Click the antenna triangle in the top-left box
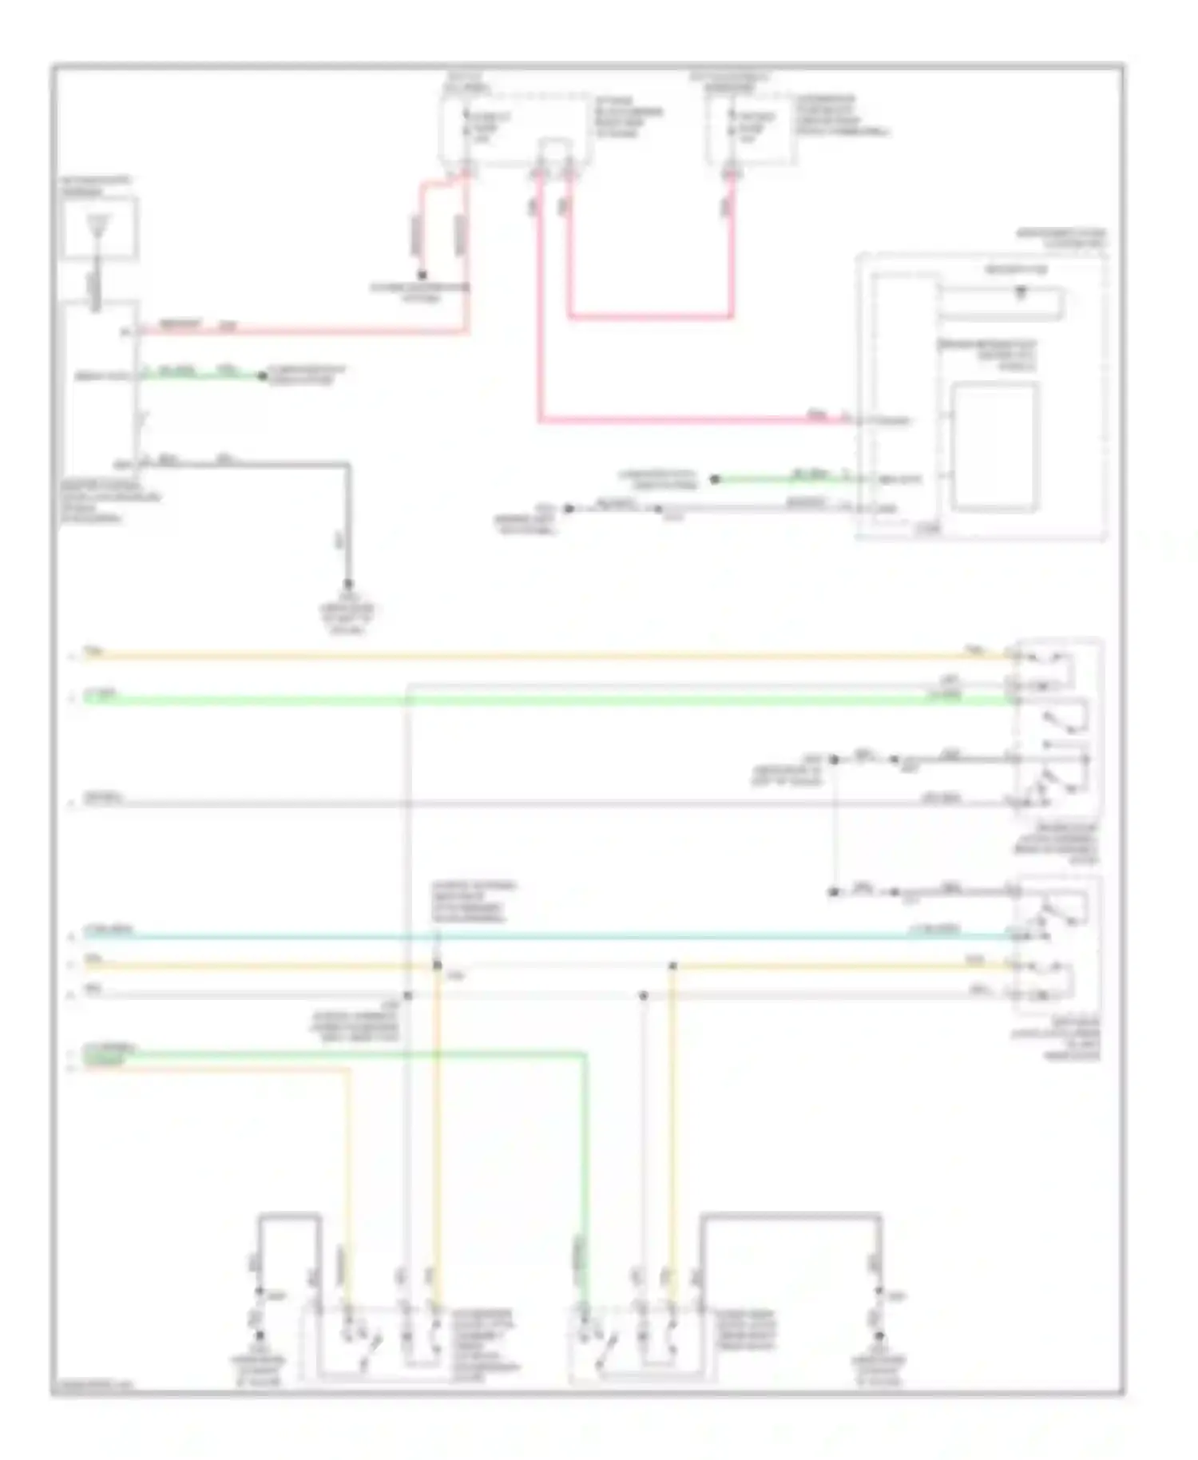pos(97,225)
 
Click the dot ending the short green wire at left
pos(262,375)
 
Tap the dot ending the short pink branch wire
pos(422,276)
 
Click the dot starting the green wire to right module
pos(715,479)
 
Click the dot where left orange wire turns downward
pos(437,966)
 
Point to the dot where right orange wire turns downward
pos(672,966)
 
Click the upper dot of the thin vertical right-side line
pos(833,759)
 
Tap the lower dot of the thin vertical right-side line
pos(833,891)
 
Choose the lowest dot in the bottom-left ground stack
pos(259,1335)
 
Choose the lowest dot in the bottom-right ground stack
pos(879,1335)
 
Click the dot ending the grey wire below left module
pos(347,584)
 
